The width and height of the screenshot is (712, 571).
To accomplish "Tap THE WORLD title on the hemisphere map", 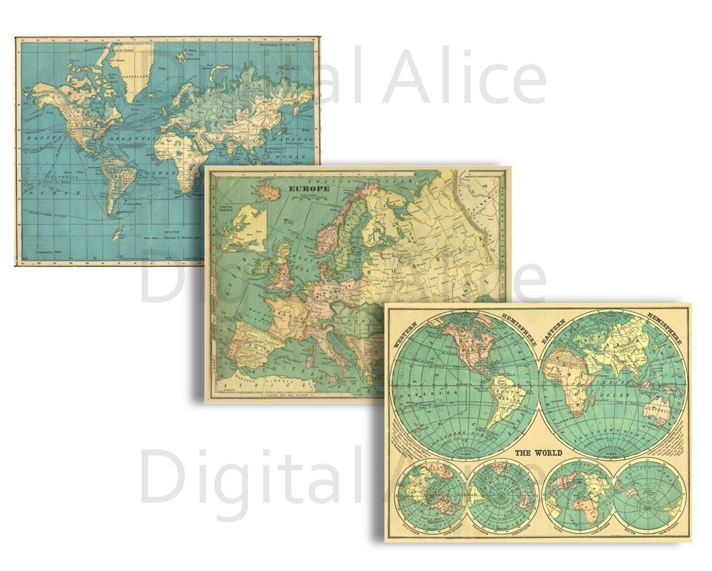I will pos(538,452).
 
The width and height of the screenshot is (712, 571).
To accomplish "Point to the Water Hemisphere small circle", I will pos(648,496).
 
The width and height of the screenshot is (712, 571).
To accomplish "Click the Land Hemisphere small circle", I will pos(578,496).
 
